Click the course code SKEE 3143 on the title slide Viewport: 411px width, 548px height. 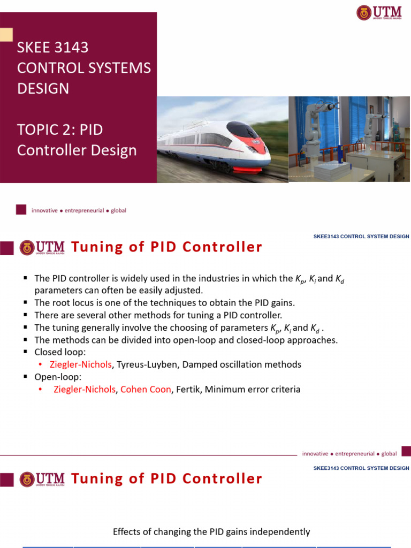pos(53,48)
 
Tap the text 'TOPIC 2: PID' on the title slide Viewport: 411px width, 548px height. pos(59,130)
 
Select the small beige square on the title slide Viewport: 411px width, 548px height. pos(6,35)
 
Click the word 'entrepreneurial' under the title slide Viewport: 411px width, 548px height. pos(86,210)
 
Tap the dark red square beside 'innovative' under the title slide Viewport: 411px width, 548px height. pos(21,210)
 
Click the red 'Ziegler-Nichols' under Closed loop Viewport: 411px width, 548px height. pos(80,364)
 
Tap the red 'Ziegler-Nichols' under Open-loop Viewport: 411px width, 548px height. pos(85,390)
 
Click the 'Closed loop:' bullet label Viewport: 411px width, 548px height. pos(59,352)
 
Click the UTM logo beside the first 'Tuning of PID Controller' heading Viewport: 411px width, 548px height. pos(42,247)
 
